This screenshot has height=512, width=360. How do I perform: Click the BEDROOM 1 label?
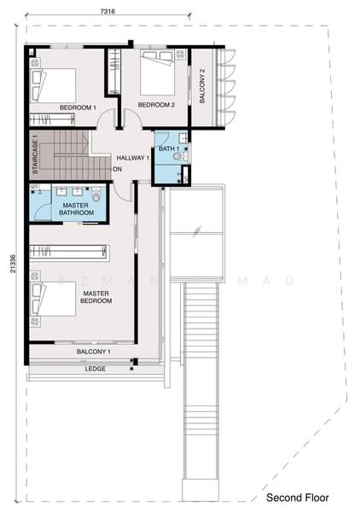click(x=78, y=108)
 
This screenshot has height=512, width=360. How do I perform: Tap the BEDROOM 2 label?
click(x=156, y=105)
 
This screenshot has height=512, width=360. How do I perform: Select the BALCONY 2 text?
click(x=202, y=85)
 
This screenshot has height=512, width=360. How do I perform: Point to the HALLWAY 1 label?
click(x=133, y=158)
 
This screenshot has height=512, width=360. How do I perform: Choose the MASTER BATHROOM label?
click(x=71, y=209)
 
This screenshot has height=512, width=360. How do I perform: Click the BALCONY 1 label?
click(x=94, y=352)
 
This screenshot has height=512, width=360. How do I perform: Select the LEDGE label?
click(x=95, y=369)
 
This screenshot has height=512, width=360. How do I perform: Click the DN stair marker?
click(x=117, y=168)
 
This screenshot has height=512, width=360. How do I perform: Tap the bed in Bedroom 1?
click(x=53, y=84)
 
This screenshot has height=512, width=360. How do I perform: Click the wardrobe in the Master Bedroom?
click(x=68, y=253)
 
